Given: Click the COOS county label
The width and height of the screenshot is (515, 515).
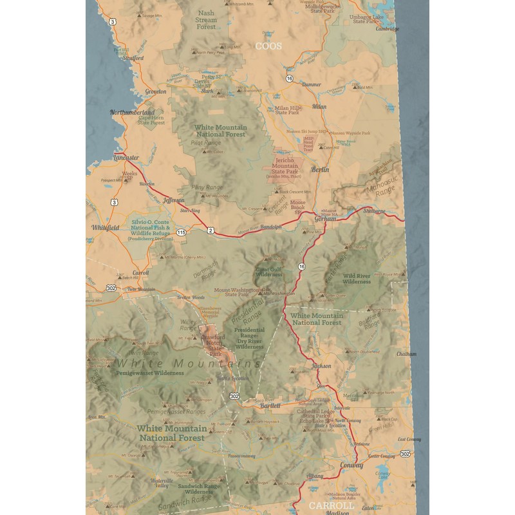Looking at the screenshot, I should coord(268,46).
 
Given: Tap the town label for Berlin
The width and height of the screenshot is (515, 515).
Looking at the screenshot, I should coord(320,169).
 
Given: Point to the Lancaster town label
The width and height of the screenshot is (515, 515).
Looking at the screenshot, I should coord(126,158).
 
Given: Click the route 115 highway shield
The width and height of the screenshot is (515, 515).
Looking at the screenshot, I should coord(182,232).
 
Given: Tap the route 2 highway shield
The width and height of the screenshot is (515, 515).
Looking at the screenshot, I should coord(211,230).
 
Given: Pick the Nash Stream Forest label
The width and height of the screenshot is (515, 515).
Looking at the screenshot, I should coord(206,20).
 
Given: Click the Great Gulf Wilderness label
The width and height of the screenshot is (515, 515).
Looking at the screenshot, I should coord(269,272).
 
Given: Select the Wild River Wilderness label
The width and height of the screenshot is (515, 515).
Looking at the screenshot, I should coord(357,278).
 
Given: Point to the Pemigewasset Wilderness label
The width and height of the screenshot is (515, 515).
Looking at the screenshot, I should coord(150,373).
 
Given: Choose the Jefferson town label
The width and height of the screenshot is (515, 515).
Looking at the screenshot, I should coord(173,200).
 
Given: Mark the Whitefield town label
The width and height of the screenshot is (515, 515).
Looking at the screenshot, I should coord(106,227).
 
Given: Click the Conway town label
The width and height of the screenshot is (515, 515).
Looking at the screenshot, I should coord(351,465).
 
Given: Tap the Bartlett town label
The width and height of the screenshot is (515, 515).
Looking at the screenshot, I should coord(271,406).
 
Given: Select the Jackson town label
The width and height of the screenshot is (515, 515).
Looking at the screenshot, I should coord(321,366).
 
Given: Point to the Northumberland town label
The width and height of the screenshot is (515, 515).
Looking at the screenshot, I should coord(133,113).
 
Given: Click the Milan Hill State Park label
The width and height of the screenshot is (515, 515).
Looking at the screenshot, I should coord(288,110).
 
